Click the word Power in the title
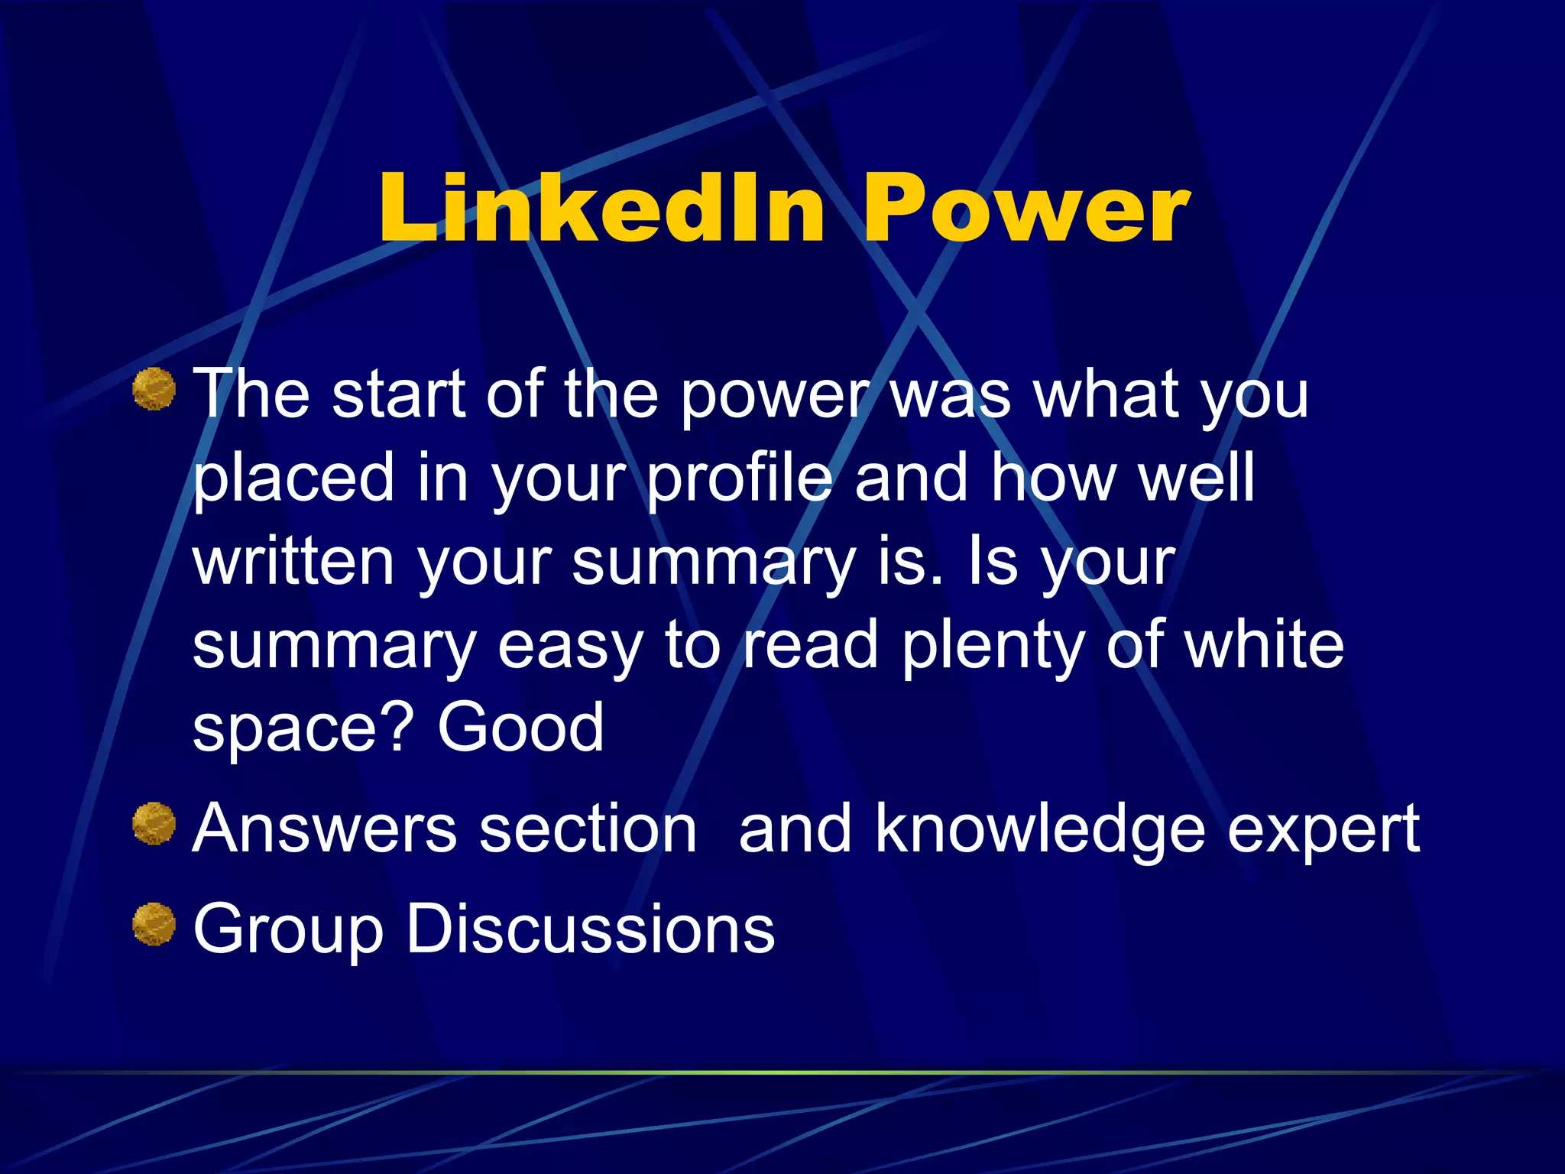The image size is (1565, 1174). coord(1026,208)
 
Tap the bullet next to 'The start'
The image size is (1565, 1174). coord(154,389)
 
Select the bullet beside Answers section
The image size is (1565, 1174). coord(154,824)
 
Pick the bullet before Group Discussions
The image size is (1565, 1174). coord(154,924)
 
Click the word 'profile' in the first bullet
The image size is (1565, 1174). coord(739,479)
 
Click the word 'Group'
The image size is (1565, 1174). coord(287,931)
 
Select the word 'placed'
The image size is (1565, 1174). coord(293,479)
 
